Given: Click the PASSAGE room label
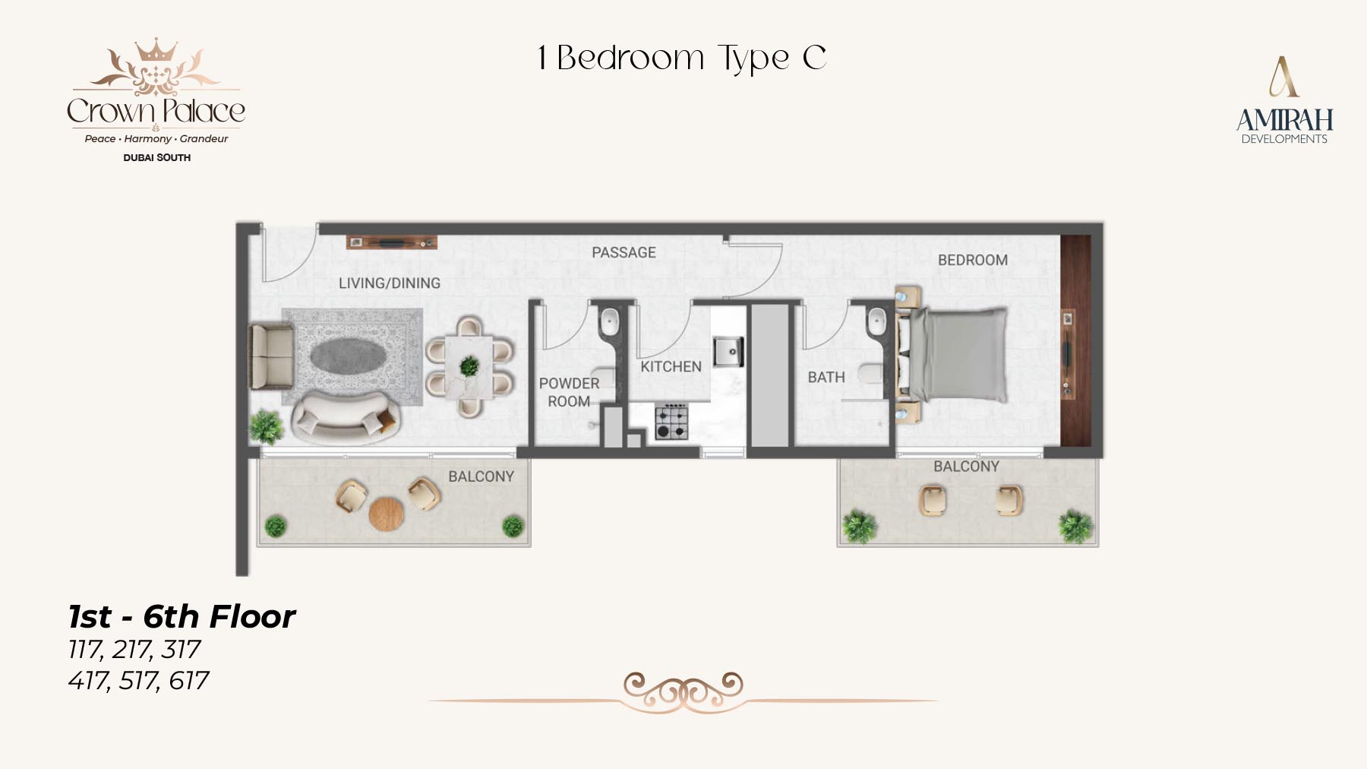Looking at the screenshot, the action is point(624,252).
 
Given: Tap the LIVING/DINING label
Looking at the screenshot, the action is point(390,283).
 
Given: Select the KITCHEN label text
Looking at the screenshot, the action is point(671,366).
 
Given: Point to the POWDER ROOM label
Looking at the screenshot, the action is point(569,392).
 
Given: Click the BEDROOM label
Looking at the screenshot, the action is point(973,260).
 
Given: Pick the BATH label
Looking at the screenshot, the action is point(826,377).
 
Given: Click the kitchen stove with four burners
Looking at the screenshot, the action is point(671,422).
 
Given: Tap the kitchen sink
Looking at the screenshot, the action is point(728,352).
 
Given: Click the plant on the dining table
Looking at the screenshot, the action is point(469,366).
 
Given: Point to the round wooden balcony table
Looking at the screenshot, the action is point(387,514).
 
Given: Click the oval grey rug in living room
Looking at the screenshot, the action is point(352,356).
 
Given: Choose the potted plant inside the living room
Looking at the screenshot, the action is point(267,426).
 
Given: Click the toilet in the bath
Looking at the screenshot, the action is point(871,374).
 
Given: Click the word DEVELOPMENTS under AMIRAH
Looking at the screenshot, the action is point(1284,139).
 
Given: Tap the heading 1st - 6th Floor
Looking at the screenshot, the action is point(182,616).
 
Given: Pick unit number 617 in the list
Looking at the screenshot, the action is point(188,680).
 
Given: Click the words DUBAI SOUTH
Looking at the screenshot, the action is point(157,157).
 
